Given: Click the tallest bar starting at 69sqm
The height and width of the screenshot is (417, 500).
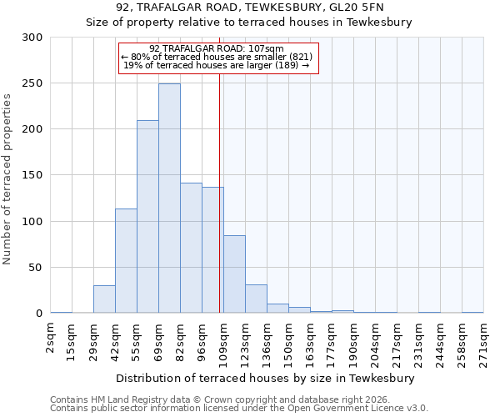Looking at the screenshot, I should pos(169,198).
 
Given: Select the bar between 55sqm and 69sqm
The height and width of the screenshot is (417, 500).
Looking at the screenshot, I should pos(147,217).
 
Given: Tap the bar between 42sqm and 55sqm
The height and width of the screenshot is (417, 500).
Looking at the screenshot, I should pos(126,261).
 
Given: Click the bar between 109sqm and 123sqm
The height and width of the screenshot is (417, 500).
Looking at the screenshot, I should pos(234,274).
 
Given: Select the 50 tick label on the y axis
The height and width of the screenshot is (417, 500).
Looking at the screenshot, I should pos(36,268).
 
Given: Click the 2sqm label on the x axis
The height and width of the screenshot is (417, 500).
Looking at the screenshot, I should pos(51,340).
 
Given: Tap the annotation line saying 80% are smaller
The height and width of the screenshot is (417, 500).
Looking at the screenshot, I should pos(218,56).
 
